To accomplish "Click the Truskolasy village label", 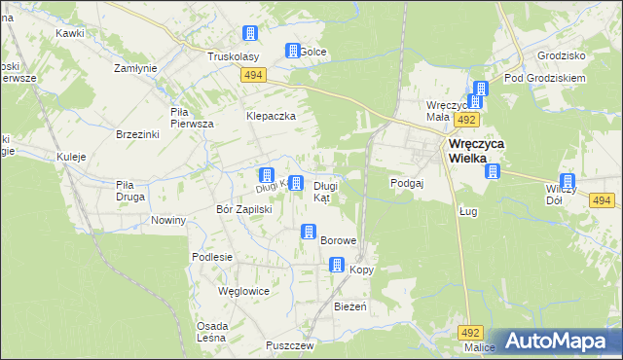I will click(231, 56).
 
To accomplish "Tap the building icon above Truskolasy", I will click(250, 34).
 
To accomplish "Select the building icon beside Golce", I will click(291, 51).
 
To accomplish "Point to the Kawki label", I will click(69, 33).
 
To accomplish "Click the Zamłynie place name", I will click(135, 69).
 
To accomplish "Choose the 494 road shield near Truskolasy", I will click(254, 75).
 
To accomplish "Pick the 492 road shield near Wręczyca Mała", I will click(467, 119).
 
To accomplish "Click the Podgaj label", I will click(406, 182).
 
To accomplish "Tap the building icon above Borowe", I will click(309, 232).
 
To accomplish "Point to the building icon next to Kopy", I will click(337, 264).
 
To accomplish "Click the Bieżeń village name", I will click(349, 306).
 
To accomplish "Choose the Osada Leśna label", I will click(212, 331).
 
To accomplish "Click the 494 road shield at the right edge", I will click(601, 200).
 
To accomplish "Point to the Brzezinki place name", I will click(137, 134).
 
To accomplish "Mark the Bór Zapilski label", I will click(243, 209).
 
